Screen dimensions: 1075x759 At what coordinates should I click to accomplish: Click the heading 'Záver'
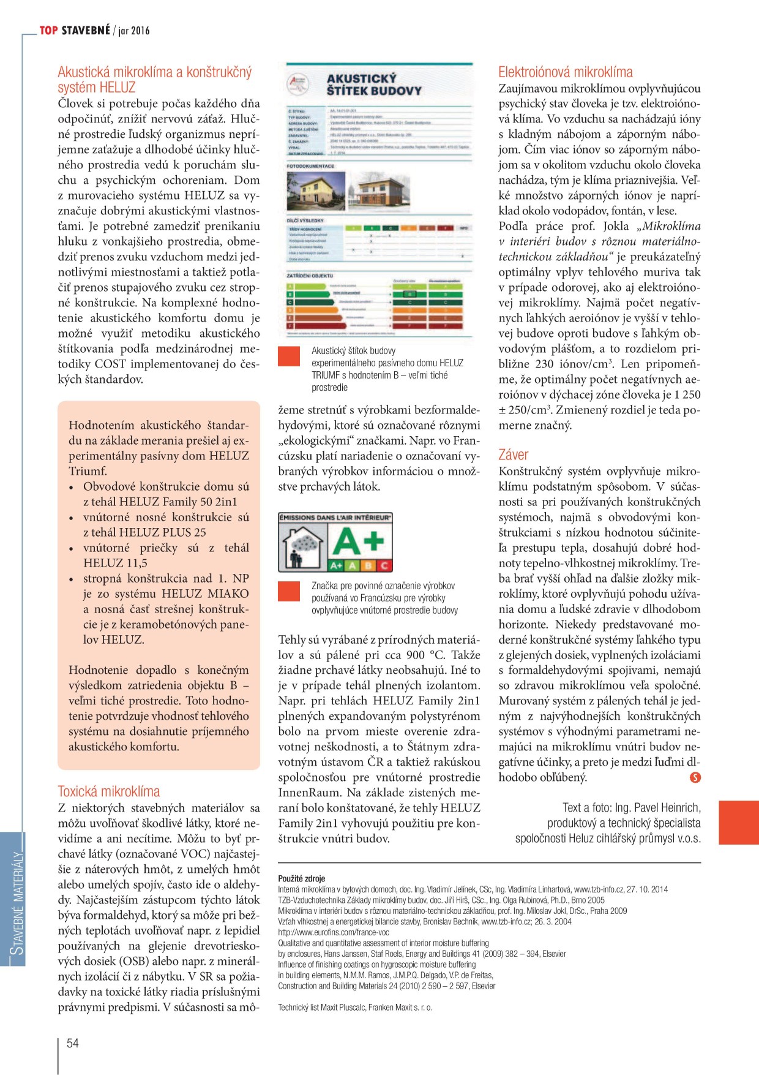pos(513,455)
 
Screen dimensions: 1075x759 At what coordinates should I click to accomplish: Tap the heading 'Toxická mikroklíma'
pos(109,791)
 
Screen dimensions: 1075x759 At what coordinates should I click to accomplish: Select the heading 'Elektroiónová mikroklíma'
pos(565,72)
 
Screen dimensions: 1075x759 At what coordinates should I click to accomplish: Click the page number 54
pos(73,1043)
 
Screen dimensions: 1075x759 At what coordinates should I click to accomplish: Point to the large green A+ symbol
pos(358,541)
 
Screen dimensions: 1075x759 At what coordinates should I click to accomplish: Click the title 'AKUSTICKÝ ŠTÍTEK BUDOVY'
pos(373,85)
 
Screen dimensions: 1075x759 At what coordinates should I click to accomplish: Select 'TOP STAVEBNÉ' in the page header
pos(75,31)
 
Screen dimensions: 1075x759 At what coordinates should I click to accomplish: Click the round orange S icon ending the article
pos(695,777)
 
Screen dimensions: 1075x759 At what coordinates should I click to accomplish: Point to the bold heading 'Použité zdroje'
pos(302,878)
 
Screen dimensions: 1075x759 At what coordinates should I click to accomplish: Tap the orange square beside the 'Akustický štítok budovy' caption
pos(289,356)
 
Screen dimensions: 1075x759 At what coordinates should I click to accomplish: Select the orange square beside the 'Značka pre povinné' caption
pos(289,591)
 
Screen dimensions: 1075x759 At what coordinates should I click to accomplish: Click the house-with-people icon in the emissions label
pos(302,546)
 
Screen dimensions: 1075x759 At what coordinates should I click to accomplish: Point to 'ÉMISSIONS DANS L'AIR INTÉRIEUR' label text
pos(335,518)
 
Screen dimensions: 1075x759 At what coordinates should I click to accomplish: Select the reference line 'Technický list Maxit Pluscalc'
pos(355,1008)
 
